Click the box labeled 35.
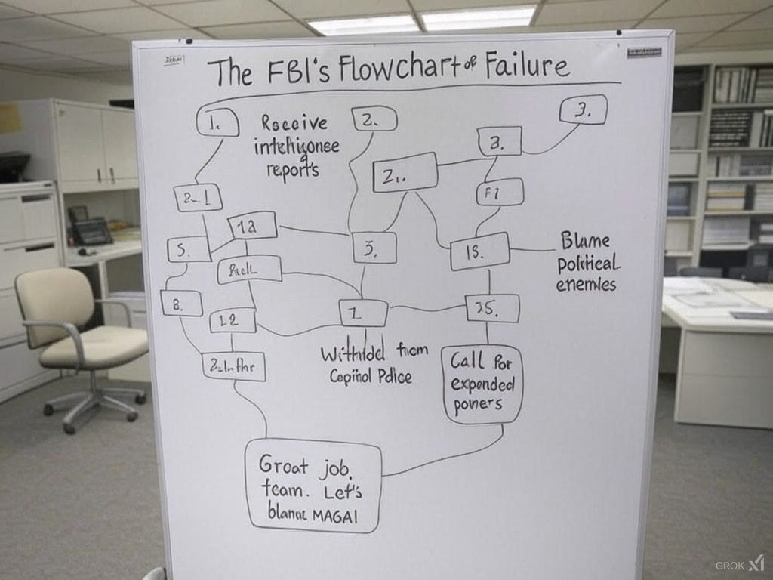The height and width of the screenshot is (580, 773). tap(492, 308)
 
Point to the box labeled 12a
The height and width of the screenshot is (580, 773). tap(252, 225)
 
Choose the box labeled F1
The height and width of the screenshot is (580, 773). tap(500, 192)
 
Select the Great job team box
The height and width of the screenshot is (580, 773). tap(313, 486)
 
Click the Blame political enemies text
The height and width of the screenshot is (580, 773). tap(587, 262)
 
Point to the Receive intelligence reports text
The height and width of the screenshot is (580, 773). tap(296, 146)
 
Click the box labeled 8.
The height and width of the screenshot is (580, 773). tap(181, 303)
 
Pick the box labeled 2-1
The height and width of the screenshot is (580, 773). tap(198, 197)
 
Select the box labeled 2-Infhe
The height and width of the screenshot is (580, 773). tap(233, 366)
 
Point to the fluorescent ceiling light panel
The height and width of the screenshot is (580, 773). tap(423, 20)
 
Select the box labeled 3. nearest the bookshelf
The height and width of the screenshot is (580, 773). tap(583, 110)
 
